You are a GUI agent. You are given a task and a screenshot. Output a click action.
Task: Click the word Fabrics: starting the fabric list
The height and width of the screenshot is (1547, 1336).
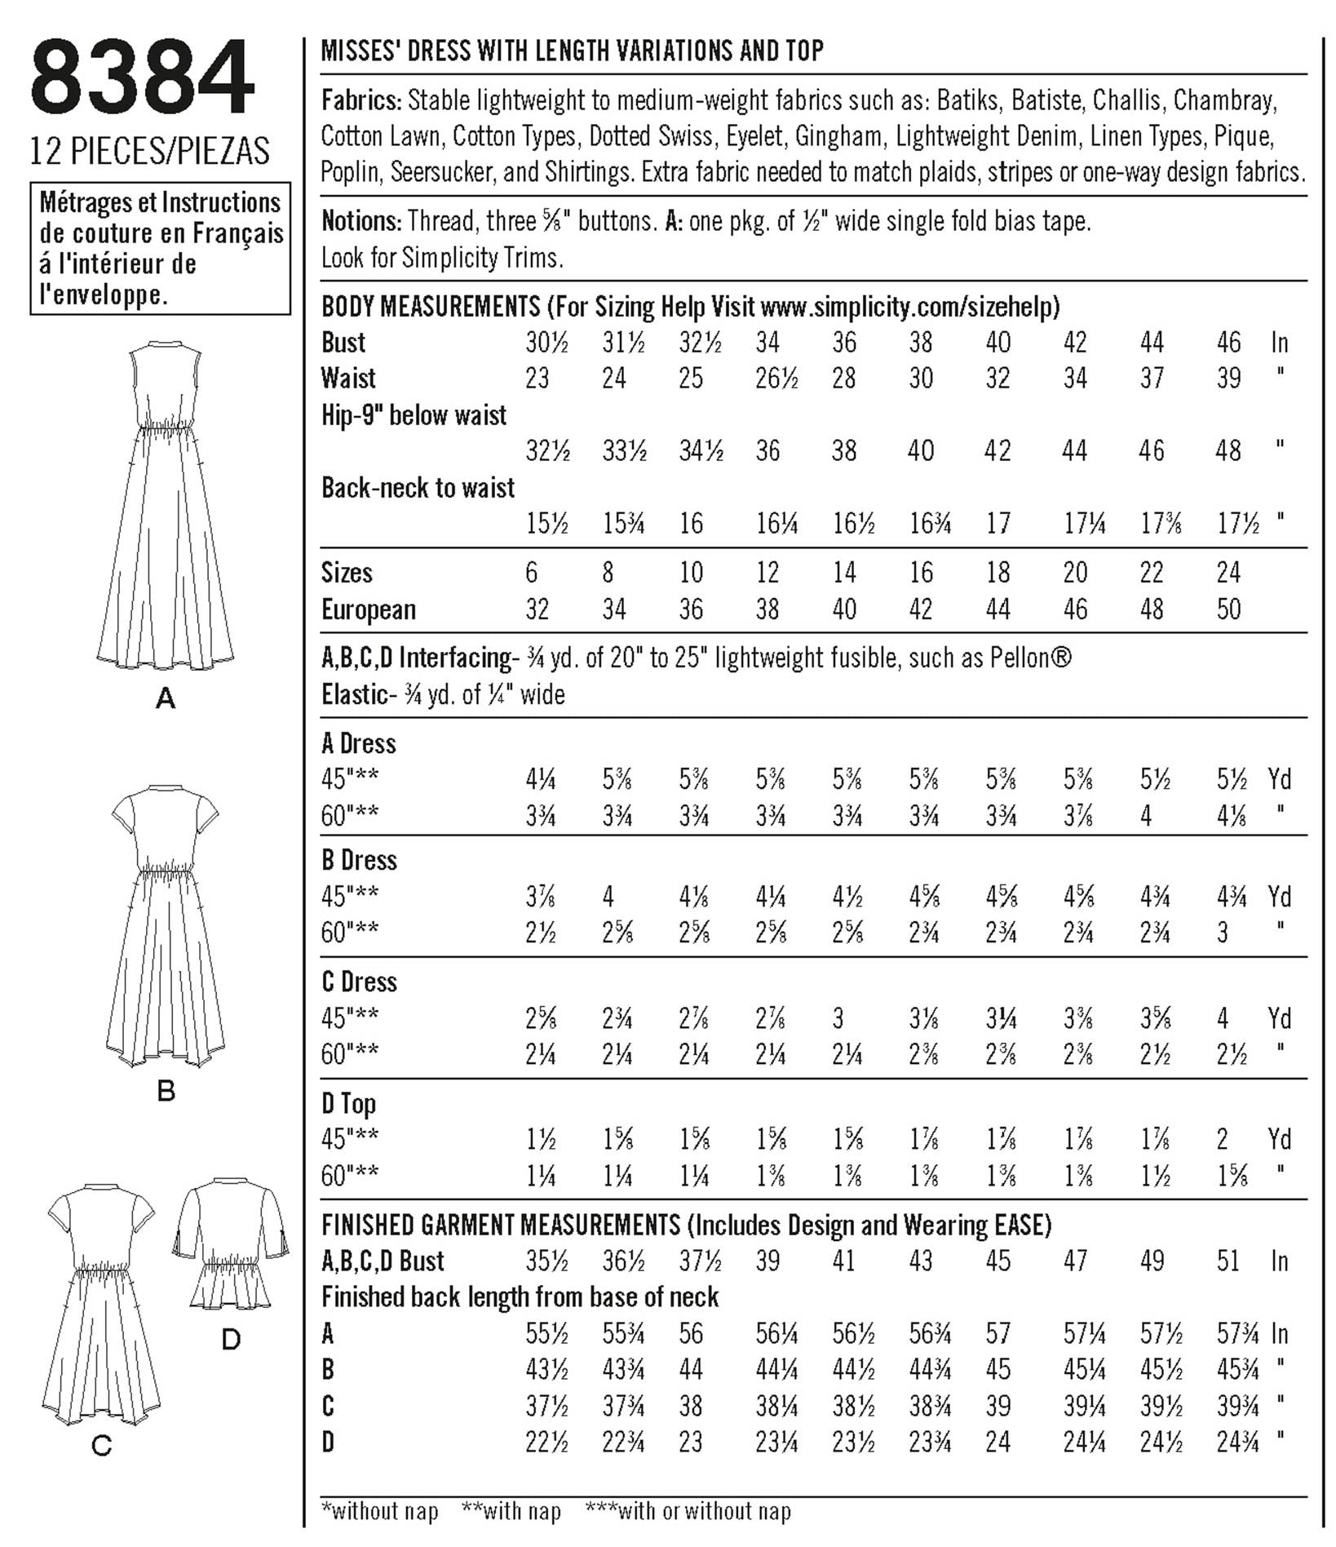point(361,101)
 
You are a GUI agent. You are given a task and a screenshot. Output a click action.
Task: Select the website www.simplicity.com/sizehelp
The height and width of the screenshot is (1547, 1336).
point(909,307)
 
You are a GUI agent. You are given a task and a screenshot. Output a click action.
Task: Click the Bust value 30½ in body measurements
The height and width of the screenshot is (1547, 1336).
point(546,343)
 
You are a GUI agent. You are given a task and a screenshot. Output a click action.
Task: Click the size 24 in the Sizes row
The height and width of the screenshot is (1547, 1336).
point(1228,573)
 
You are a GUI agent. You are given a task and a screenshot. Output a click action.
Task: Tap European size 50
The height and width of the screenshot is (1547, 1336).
point(1228,609)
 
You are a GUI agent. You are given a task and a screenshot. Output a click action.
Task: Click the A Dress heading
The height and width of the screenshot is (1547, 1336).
point(359,743)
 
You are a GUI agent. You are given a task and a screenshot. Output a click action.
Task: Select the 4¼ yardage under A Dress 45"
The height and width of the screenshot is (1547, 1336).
point(541,780)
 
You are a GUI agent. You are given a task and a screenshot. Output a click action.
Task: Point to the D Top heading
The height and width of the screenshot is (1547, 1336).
point(349,1104)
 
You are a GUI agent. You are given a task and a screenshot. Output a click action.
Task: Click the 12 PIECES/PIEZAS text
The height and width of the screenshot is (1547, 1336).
point(149,151)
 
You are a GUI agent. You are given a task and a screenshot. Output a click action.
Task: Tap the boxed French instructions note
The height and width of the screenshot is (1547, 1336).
point(161,248)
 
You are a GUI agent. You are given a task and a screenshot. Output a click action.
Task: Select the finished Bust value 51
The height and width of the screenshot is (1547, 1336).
point(1228,1261)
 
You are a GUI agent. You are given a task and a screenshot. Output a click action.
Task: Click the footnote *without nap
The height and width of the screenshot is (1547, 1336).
point(380,1511)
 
